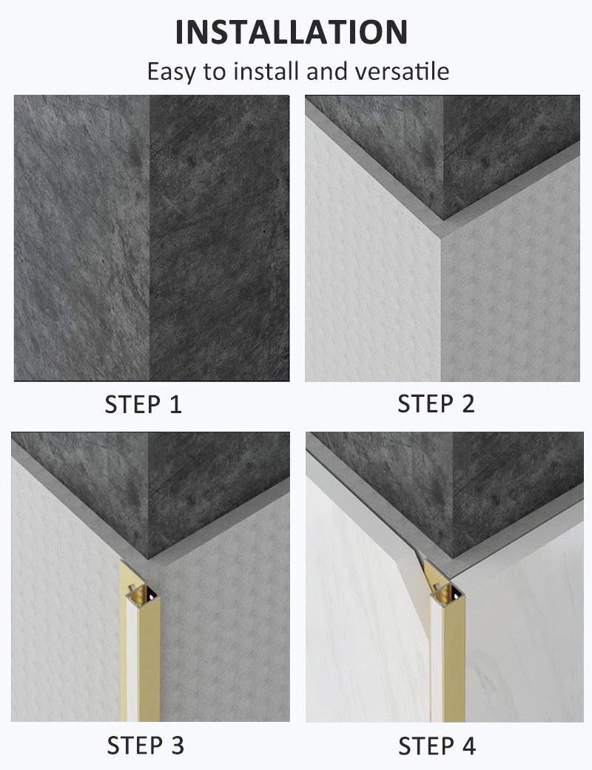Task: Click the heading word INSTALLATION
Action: tap(292, 32)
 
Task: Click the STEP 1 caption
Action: tap(143, 404)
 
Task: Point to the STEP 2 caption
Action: tap(436, 404)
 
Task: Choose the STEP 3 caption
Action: tap(145, 745)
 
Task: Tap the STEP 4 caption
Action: tap(437, 745)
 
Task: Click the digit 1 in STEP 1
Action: tap(175, 404)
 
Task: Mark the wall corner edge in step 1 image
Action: tap(150, 237)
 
